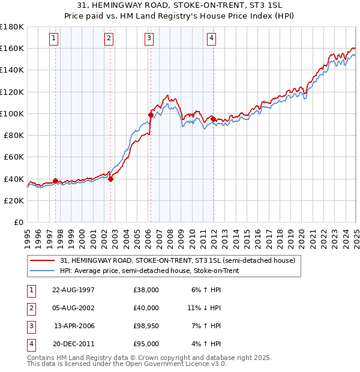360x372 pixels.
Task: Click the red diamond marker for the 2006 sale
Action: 151,114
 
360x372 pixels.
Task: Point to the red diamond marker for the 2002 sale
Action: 111,178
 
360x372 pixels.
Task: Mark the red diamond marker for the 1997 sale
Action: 55,181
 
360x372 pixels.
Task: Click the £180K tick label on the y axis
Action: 12,27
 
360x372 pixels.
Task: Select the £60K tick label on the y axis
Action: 14,157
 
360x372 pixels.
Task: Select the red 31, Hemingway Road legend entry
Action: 177,261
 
